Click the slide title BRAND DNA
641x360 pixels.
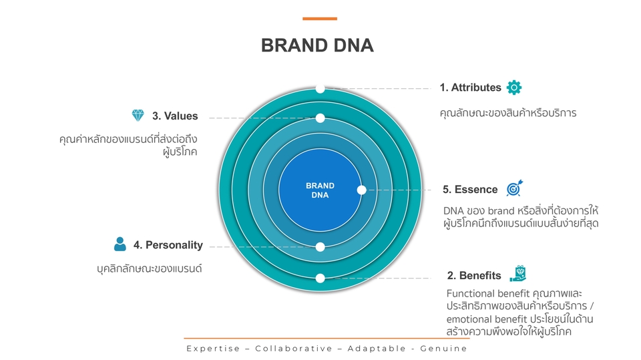[x=317, y=46]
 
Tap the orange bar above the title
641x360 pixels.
[x=320, y=19]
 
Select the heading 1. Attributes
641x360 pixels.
[x=470, y=87]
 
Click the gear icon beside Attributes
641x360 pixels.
[x=514, y=87]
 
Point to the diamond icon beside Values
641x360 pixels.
[x=138, y=116]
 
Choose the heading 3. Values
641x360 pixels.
[x=175, y=116]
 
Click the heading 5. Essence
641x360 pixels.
[x=470, y=190]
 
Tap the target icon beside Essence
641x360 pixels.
[x=514, y=189]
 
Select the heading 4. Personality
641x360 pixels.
[x=168, y=245]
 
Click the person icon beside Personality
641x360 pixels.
[x=120, y=244]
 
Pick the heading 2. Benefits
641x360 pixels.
[x=474, y=275]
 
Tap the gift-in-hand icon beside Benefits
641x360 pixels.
[x=518, y=274]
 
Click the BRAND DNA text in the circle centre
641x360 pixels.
[x=320, y=190]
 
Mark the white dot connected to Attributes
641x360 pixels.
[x=320, y=88]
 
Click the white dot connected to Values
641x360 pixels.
[x=320, y=118]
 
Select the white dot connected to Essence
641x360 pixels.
[x=361, y=190]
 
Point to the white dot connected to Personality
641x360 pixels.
[x=320, y=247]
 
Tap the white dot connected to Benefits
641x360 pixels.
[x=320, y=278]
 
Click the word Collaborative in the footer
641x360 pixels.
[x=294, y=349]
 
